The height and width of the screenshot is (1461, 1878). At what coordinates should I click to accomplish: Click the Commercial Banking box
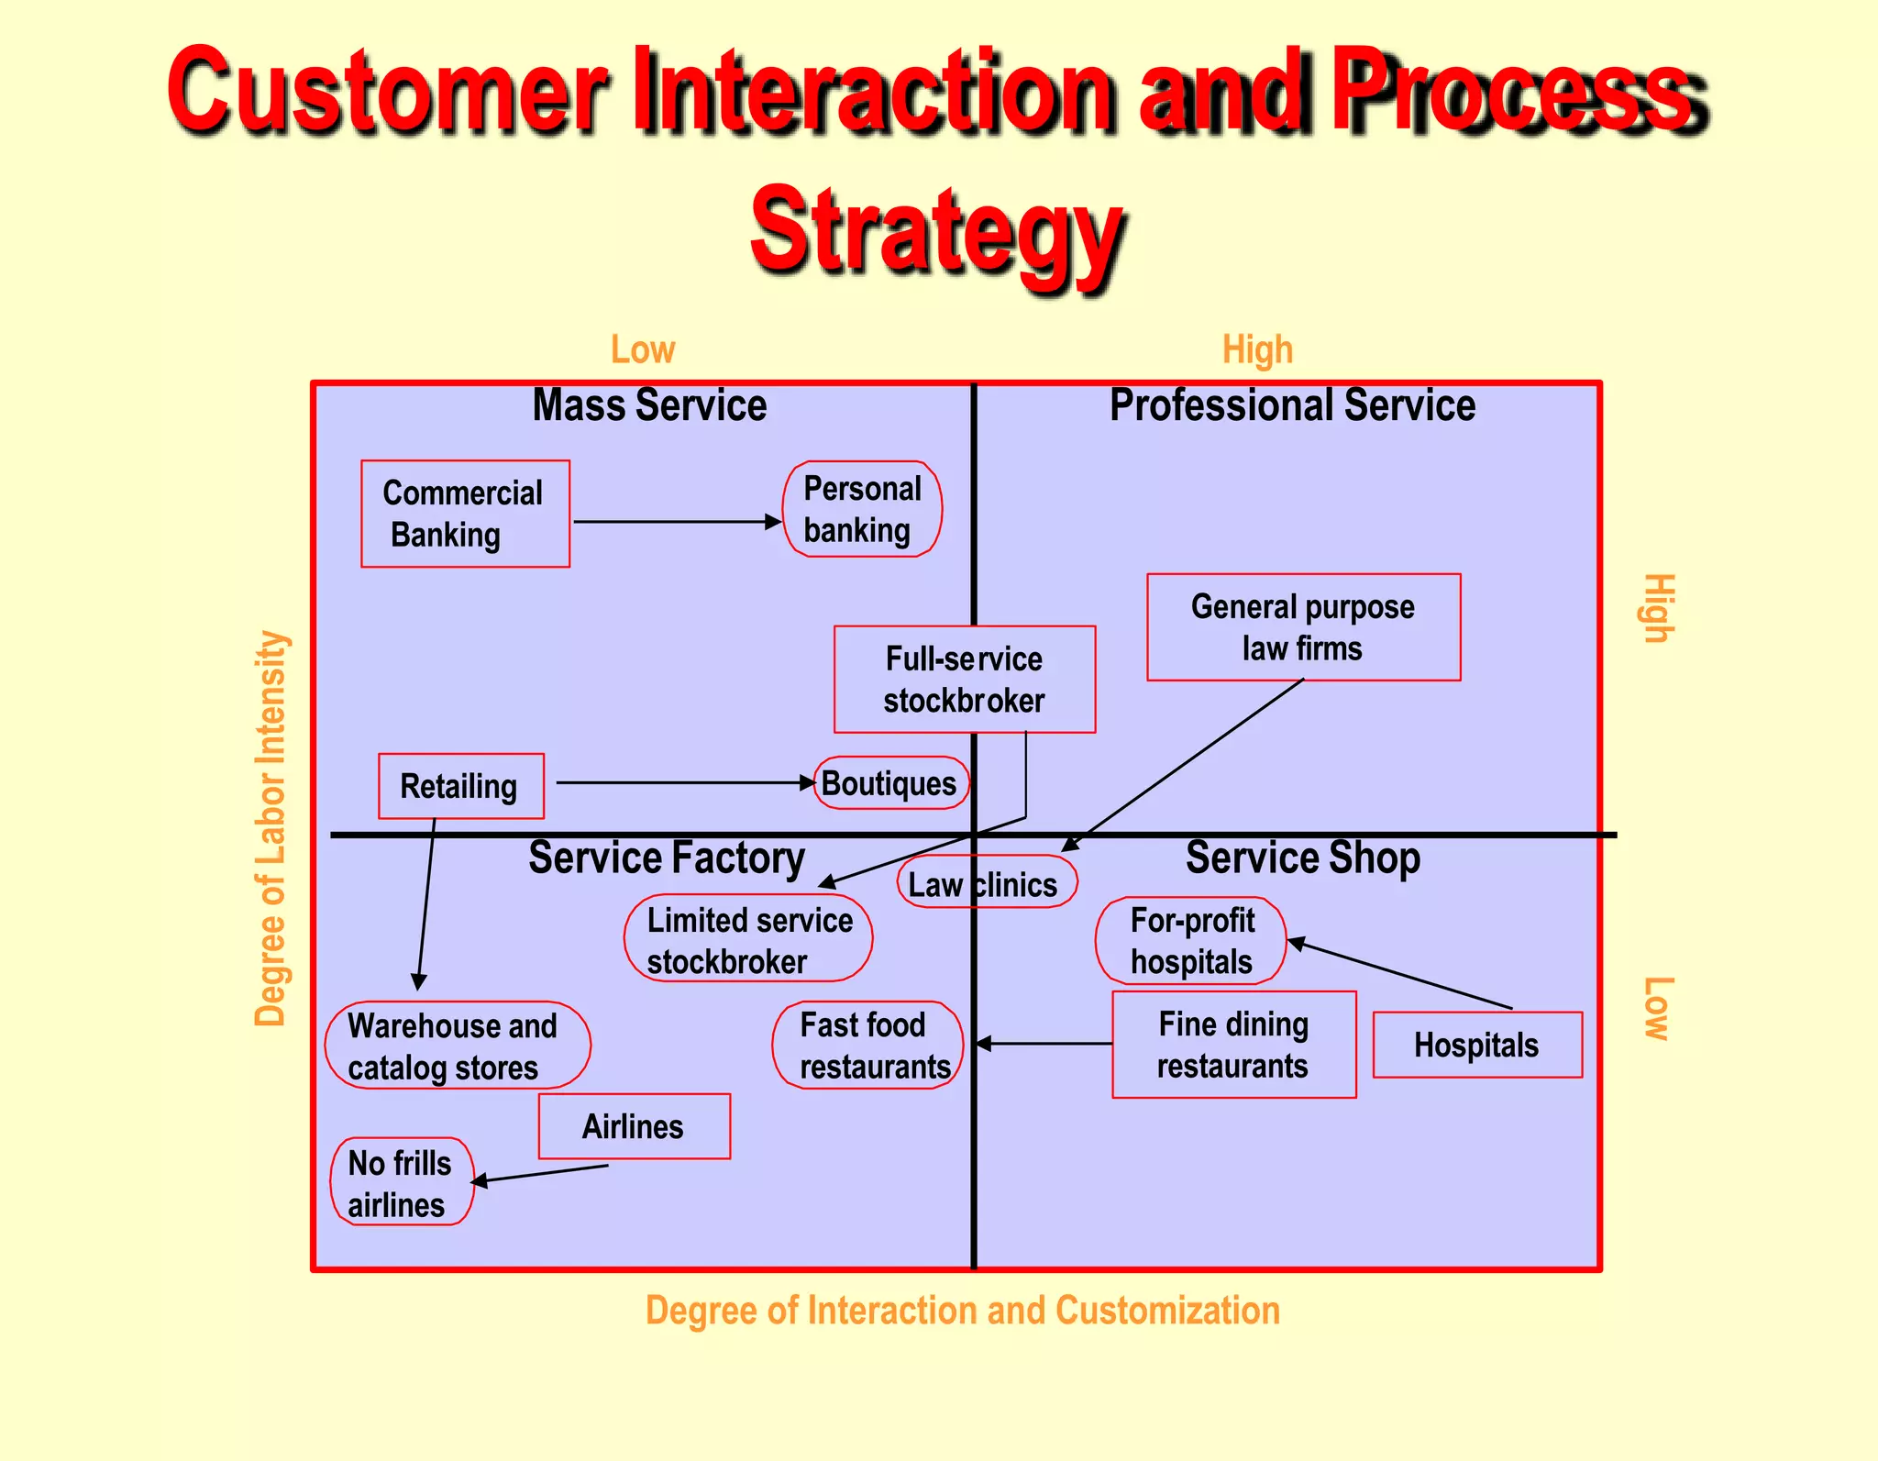coord(465,514)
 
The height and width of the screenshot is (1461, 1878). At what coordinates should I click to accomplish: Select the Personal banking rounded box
coord(862,509)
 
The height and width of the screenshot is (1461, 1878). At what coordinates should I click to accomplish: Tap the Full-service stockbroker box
coord(964,680)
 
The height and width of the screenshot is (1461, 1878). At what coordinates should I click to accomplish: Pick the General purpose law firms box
coord(1303,627)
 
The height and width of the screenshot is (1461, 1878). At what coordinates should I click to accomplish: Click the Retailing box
coord(460,786)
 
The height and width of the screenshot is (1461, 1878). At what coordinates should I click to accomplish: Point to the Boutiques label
coord(889,783)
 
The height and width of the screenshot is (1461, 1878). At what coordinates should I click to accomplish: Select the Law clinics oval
coord(986,883)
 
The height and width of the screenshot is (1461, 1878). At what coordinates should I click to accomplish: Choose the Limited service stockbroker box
coord(748,939)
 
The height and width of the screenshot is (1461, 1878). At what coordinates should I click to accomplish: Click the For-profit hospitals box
coord(1191,941)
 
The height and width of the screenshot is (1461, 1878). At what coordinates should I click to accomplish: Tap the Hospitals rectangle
coord(1476,1045)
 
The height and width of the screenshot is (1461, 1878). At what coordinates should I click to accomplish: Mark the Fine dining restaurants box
coord(1233,1045)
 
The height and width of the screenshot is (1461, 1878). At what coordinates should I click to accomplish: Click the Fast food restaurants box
coord(867,1046)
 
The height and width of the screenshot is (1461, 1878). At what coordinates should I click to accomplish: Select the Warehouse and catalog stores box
coord(457,1046)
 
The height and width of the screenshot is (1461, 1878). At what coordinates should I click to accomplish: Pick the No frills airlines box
coord(402,1182)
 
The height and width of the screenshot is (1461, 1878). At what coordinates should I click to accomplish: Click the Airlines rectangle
coord(634,1126)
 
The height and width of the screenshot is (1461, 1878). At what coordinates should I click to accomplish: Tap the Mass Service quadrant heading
coord(649,405)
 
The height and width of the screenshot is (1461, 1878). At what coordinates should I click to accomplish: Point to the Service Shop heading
coord(1302,858)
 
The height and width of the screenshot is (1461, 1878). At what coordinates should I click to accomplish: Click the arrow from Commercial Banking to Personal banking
coord(676,522)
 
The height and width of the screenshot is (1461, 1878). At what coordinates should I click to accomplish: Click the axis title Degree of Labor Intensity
coord(271,827)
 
